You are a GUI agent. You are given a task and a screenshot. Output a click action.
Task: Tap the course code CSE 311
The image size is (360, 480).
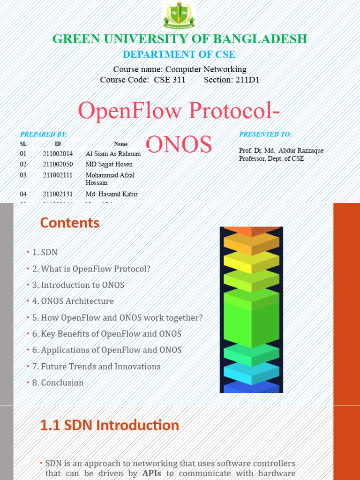click(169, 80)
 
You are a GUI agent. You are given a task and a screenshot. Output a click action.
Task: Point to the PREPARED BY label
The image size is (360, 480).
click(44, 134)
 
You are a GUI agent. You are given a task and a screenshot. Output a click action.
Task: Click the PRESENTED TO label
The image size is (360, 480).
click(265, 134)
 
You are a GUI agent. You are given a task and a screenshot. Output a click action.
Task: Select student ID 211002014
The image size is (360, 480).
click(58, 154)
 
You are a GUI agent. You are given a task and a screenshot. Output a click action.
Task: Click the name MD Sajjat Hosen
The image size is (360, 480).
click(109, 165)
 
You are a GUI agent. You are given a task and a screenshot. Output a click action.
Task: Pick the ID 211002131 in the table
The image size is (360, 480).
click(58, 194)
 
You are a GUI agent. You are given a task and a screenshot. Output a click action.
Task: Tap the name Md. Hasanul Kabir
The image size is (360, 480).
click(112, 194)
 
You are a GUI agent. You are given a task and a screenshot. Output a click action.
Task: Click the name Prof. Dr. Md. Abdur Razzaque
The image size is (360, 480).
click(281, 150)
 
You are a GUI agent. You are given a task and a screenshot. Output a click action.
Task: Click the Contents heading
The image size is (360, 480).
click(70, 223)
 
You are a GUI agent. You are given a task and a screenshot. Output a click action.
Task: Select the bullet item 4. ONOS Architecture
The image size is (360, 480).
click(73, 301)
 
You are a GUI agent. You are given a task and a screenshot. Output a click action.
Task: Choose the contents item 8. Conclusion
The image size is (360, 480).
click(58, 382)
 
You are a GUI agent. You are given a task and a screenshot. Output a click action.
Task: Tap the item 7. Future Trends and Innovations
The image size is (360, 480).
click(96, 367)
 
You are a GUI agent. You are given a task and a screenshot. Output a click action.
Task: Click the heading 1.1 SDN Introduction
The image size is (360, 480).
click(109, 425)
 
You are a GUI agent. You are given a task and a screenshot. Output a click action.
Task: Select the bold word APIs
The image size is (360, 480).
click(151, 473)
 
